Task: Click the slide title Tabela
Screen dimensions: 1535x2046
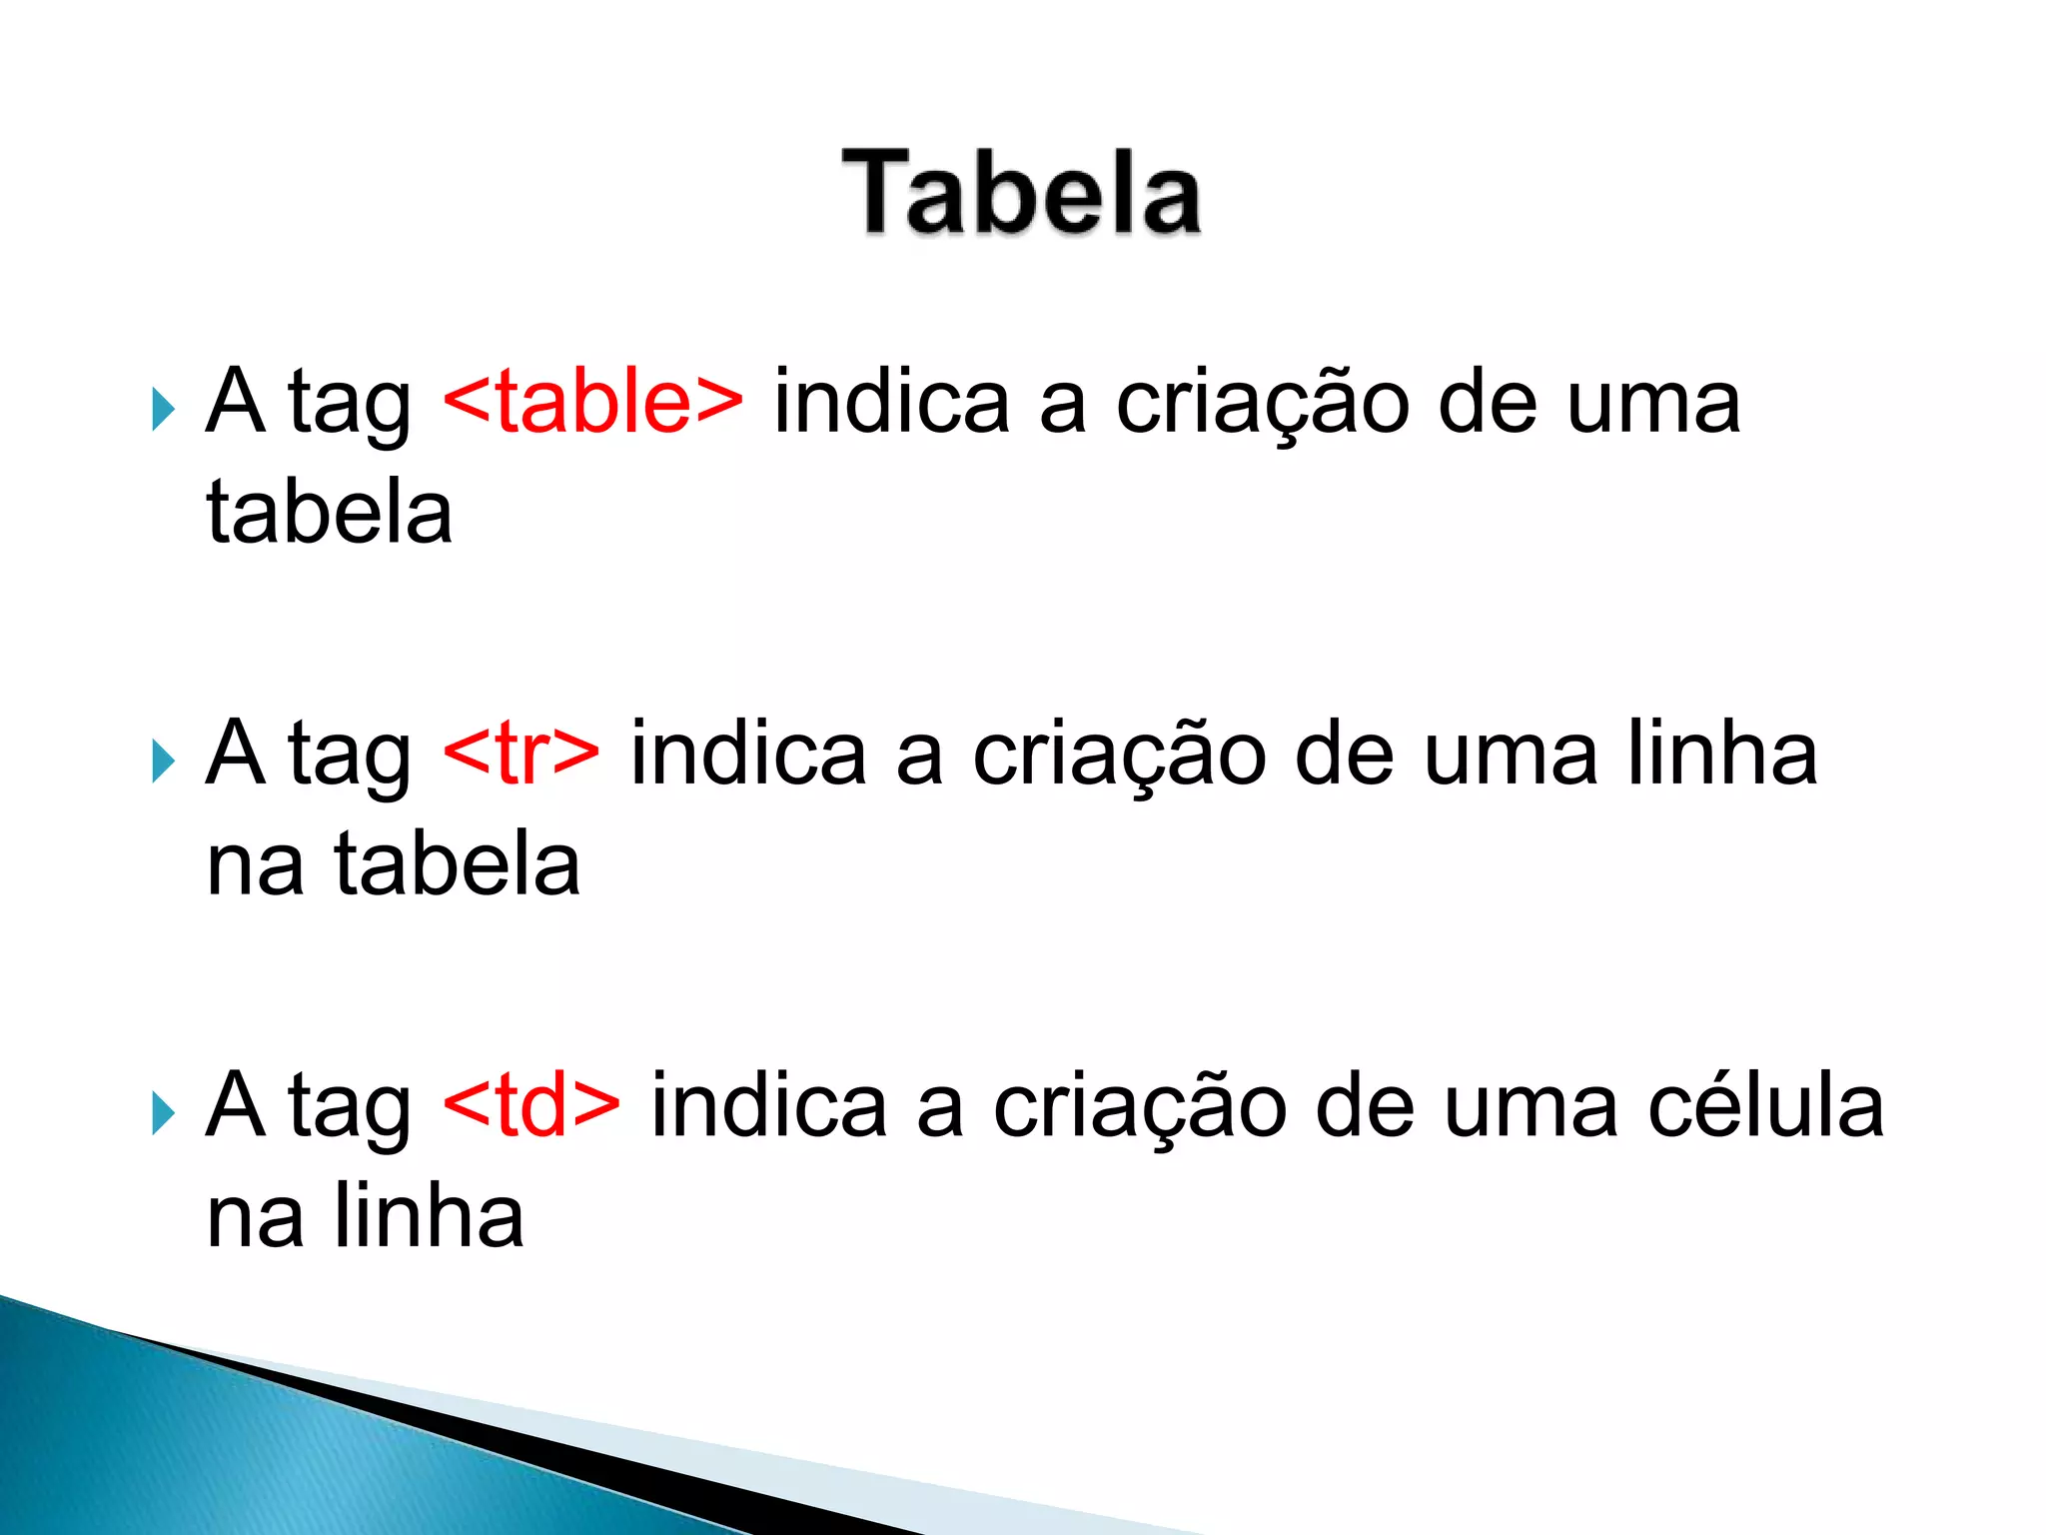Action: click(1021, 192)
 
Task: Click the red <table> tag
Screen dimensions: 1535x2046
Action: click(592, 402)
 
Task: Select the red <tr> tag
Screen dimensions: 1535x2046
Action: click(520, 754)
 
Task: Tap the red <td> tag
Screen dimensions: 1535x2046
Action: click(530, 1105)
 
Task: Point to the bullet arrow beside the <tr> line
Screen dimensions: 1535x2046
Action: click(163, 762)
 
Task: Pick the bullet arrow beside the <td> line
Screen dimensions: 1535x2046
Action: click(163, 1113)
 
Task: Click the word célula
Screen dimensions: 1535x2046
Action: click(1765, 1105)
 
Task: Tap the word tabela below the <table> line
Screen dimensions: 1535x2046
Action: click(330, 512)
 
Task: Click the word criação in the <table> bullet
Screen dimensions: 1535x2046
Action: click(1262, 404)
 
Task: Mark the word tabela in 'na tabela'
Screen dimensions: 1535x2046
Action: click(457, 863)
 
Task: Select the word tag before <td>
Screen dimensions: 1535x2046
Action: click(350, 1109)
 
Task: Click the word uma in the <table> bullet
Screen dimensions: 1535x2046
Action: click(1653, 404)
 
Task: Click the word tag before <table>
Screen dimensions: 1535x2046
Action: click(350, 406)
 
